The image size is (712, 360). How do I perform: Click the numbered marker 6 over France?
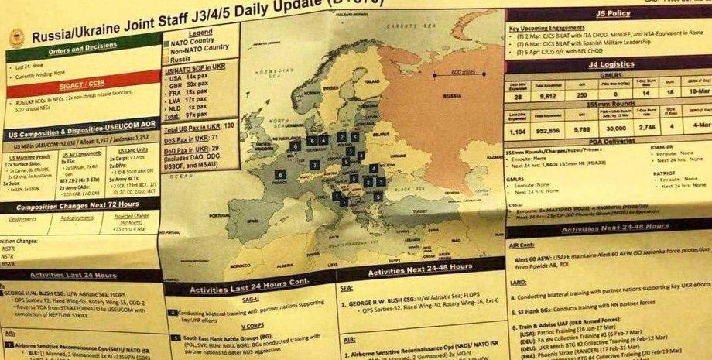click(x=279, y=174)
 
